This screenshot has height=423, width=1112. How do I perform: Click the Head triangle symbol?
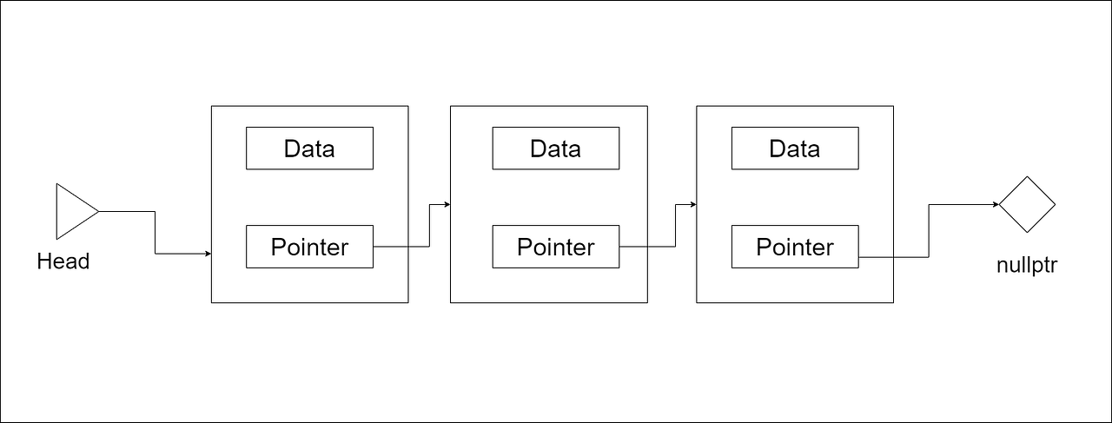pyautogui.click(x=73, y=211)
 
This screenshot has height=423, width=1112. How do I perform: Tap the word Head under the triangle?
pyautogui.click(x=63, y=261)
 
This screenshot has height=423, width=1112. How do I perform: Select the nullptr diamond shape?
pyautogui.click(x=1026, y=205)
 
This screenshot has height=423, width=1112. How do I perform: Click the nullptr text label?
pyautogui.click(x=1027, y=266)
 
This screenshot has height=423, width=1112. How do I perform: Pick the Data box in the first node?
pyautogui.click(x=309, y=149)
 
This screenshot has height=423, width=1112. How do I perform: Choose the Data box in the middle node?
pyautogui.click(x=556, y=149)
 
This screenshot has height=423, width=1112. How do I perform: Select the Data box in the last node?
pyautogui.click(x=795, y=149)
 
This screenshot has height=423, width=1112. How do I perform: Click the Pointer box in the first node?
pyautogui.click(x=309, y=247)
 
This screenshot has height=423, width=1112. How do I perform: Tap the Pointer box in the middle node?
pyautogui.click(x=556, y=247)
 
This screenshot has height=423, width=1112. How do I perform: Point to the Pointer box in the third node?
pyautogui.click(x=795, y=247)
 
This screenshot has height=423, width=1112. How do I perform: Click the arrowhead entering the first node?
pyautogui.click(x=208, y=254)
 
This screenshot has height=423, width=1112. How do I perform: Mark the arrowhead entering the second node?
pyautogui.click(x=447, y=205)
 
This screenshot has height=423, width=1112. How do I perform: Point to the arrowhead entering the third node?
pyautogui.click(x=693, y=205)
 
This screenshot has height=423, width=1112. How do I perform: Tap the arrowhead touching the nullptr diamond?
pyautogui.click(x=995, y=205)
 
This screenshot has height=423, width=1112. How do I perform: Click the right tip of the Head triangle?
pyautogui.click(x=97, y=211)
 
